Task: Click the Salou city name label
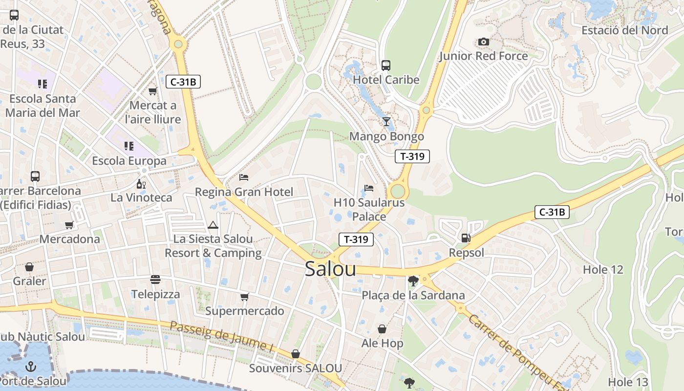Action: [x=330, y=269]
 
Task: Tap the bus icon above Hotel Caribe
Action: [x=386, y=65]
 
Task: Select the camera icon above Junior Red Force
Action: [x=484, y=42]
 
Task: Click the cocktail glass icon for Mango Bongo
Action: [x=386, y=122]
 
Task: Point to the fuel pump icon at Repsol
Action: [x=466, y=238]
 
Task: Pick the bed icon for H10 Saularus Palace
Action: [x=369, y=188]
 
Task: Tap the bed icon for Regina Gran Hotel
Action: [x=244, y=177]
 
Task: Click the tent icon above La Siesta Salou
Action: [x=213, y=225]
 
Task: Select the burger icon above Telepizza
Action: [x=155, y=280]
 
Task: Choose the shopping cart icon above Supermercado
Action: [x=245, y=297]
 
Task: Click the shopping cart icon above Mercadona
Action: [x=69, y=225]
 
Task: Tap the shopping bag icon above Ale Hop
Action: [x=382, y=329]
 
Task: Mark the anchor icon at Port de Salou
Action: [x=31, y=366]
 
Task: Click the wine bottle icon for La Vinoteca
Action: [x=141, y=184]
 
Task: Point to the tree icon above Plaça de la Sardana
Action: [x=413, y=281]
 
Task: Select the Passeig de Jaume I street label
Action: [x=221, y=336]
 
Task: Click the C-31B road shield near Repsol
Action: [x=552, y=212]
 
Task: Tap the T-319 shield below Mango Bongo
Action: [x=412, y=156]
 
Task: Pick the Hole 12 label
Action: [x=603, y=269]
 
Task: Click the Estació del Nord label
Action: [x=624, y=30]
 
